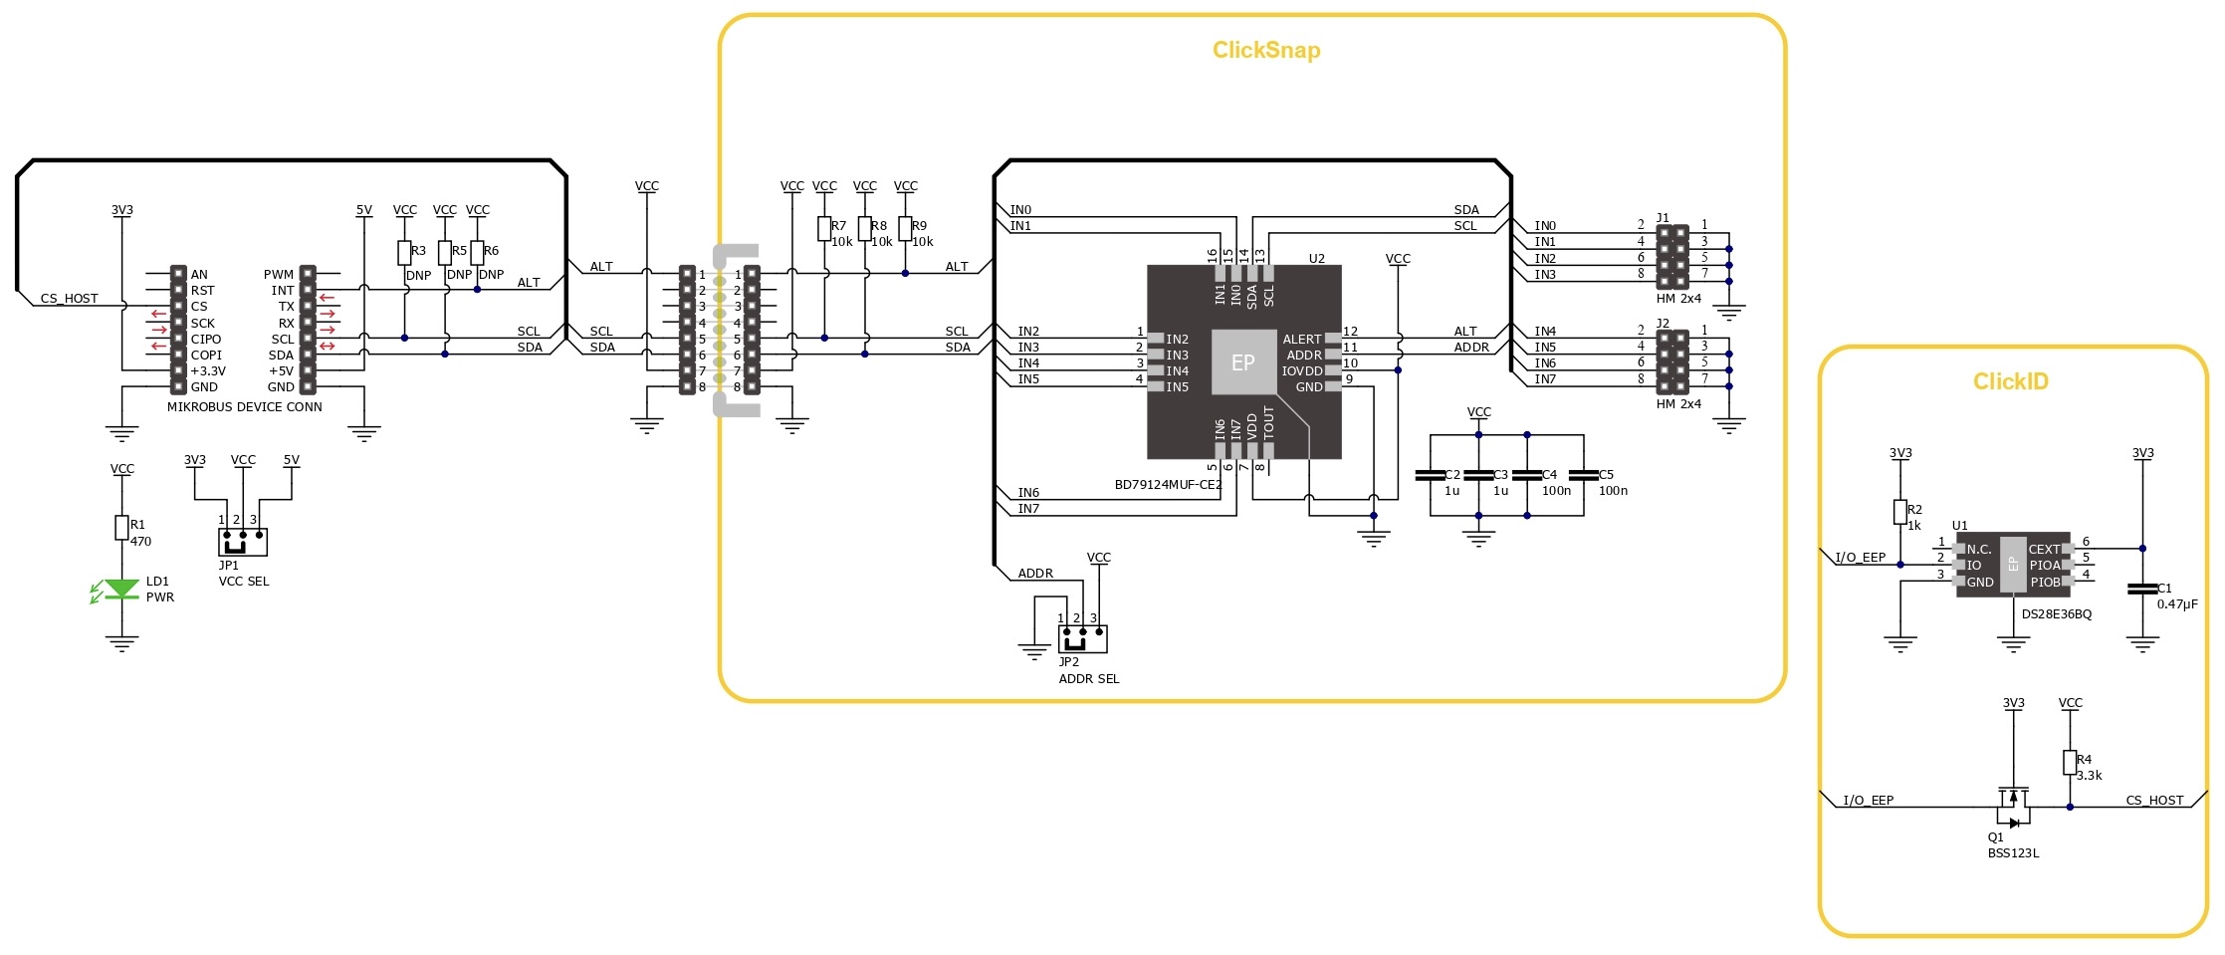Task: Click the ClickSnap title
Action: pos(1265,50)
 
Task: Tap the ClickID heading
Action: pos(2010,381)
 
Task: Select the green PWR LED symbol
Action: pos(121,589)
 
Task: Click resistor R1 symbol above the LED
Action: pos(121,527)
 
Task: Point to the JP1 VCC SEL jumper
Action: pos(242,542)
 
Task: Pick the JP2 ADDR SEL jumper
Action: pos(1082,638)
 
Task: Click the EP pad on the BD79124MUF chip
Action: pos(1243,362)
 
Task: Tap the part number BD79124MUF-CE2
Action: pos(1168,485)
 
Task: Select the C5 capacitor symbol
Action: pos(1583,475)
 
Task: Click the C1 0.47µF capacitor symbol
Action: pos(2141,589)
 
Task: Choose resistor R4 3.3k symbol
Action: pos(2070,763)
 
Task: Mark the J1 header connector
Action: pos(1671,257)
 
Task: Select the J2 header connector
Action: pos(1671,362)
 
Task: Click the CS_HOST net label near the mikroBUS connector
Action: pos(70,298)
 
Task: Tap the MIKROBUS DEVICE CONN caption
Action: pos(244,406)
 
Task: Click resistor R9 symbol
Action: pos(905,229)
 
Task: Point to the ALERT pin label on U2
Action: pos(1302,340)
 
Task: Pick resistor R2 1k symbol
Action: pos(1900,512)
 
